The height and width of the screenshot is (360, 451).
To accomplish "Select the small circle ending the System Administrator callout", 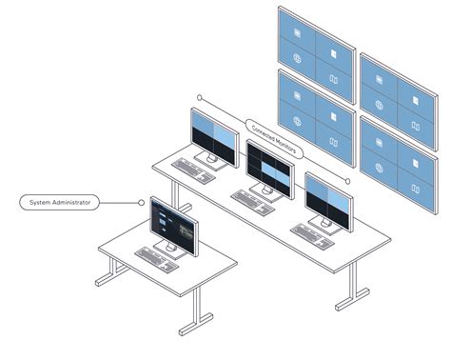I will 141,202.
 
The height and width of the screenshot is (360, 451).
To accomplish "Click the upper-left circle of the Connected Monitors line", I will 200,97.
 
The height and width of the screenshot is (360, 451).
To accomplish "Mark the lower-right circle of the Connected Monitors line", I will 347,180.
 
